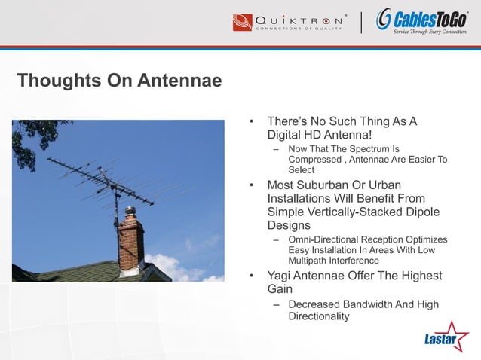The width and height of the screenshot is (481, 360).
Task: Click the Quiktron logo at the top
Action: [x=290, y=23]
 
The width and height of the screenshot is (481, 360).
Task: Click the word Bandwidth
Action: [x=375, y=304]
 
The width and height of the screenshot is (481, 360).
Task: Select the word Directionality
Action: [x=318, y=316]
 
